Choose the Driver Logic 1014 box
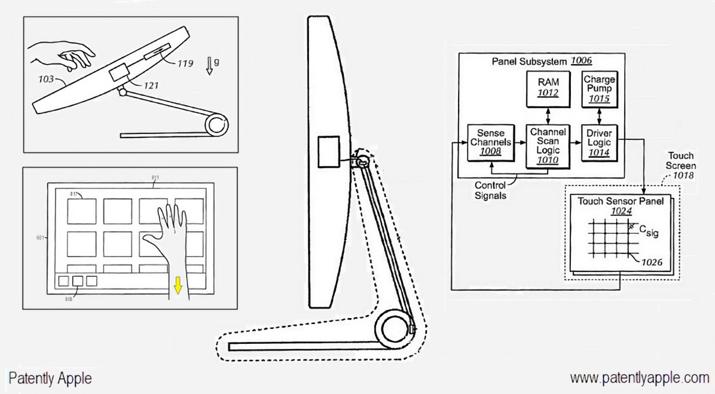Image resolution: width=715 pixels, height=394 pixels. tap(598, 144)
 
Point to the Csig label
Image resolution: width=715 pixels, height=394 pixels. tap(649, 230)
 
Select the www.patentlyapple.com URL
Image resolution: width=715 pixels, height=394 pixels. tap(638, 378)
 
